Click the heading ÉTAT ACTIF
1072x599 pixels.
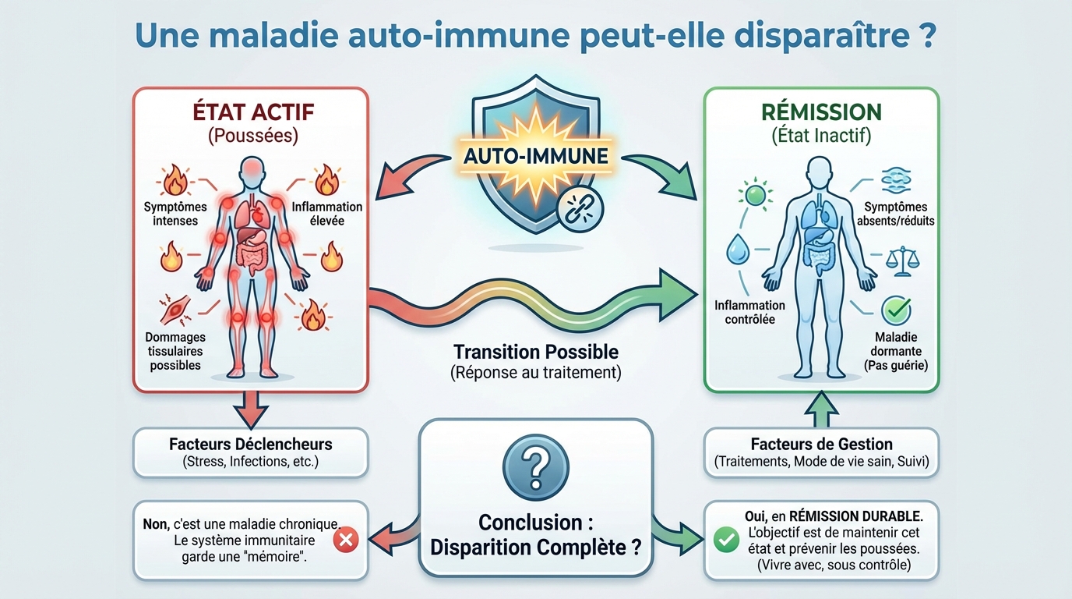pyautogui.click(x=253, y=112)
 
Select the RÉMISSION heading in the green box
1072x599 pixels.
pyautogui.click(x=821, y=112)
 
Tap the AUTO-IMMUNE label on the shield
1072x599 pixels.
pyautogui.click(x=536, y=155)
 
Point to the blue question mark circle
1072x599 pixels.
pyautogui.click(x=535, y=469)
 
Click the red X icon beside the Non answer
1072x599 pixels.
pyautogui.click(x=345, y=540)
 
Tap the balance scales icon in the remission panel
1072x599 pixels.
pyautogui.click(x=903, y=261)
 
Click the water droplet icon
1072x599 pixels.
pyautogui.click(x=737, y=251)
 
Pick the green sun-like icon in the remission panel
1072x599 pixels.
pyautogui.click(x=755, y=193)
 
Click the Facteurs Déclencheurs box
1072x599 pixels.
pyautogui.click(x=250, y=452)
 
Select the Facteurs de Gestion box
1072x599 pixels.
pyautogui.click(x=821, y=452)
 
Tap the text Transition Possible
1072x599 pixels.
pyautogui.click(x=535, y=352)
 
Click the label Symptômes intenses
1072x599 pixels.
pyautogui.click(x=175, y=214)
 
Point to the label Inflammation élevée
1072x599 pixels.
pyautogui.click(x=327, y=214)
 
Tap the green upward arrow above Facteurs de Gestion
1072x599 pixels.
pyautogui.click(x=821, y=408)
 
